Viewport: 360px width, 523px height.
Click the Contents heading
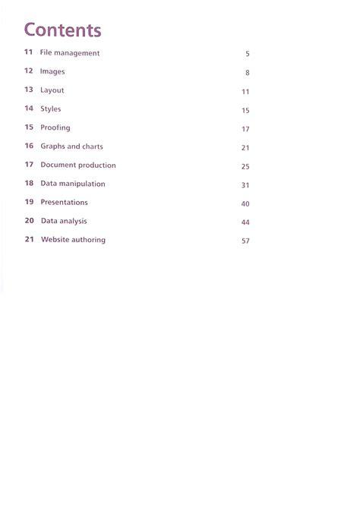pyautogui.click(x=62, y=30)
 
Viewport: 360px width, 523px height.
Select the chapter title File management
pyautogui.click(x=70, y=53)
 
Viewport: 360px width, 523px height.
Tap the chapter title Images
pyautogui.click(x=52, y=71)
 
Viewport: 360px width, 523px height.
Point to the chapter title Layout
pyautogui.click(x=52, y=90)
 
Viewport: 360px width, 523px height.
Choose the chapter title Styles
pyautogui.click(x=51, y=109)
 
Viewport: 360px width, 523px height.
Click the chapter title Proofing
pyautogui.click(x=55, y=128)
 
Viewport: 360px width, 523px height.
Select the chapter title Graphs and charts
pyautogui.click(x=71, y=147)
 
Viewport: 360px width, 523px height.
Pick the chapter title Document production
pyautogui.click(x=78, y=165)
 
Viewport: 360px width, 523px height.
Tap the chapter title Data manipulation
pyautogui.click(x=73, y=184)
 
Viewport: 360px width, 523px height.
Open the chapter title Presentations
pyautogui.click(x=64, y=203)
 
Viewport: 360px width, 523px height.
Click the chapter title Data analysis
pyautogui.click(x=64, y=221)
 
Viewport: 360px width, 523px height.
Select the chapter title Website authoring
pyautogui.click(x=73, y=240)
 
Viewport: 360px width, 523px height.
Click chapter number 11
pyautogui.click(x=29, y=52)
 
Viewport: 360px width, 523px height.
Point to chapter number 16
pyautogui.click(x=29, y=146)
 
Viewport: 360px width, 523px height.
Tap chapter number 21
pyautogui.click(x=29, y=239)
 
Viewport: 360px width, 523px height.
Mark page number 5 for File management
pyautogui.click(x=248, y=55)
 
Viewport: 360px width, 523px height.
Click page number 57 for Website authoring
pyautogui.click(x=245, y=241)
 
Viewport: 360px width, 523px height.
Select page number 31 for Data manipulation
pyautogui.click(x=245, y=185)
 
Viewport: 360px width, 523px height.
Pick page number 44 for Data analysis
pyautogui.click(x=245, y=222)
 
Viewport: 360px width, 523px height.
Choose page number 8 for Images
pyautogui.click(x=248, y=73)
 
